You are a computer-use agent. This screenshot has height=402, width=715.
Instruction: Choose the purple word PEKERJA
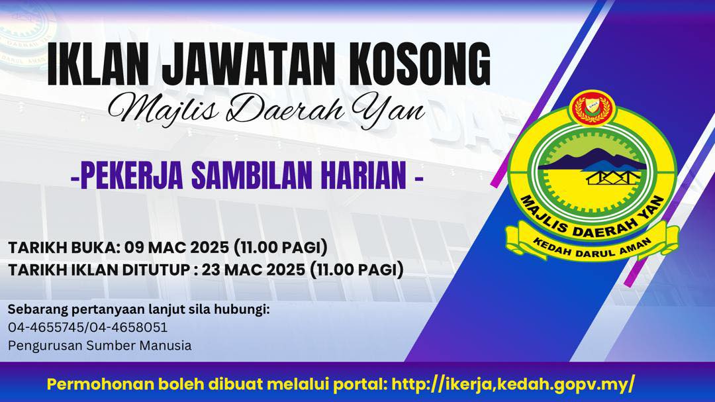[x=132, y=176]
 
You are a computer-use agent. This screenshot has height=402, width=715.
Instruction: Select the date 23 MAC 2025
[x=254, y=270]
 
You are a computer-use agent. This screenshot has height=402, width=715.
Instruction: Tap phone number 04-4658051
[x=128, y=327]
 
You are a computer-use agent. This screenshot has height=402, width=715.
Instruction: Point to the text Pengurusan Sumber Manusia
[x=99, y=346]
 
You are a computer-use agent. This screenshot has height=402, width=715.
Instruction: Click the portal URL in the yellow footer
[x=513, y=384]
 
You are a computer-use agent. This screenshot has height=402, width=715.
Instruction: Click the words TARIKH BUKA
[x=64, y=247]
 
